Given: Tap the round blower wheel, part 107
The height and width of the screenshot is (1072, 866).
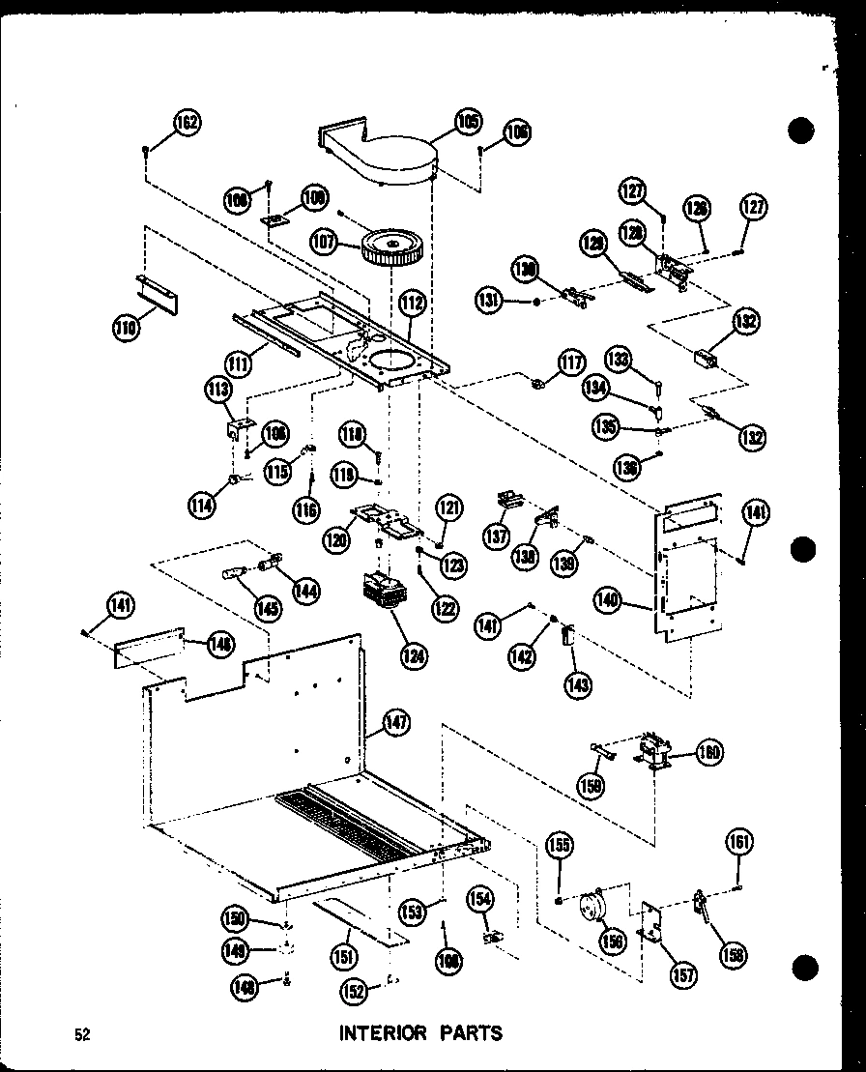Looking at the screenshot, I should coord(394,249).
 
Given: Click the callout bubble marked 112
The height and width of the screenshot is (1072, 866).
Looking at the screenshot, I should coord(412,304).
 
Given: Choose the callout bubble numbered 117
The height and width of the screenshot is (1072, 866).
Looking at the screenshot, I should coord(571,363).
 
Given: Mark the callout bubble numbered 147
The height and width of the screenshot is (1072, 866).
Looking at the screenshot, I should coord(396,720).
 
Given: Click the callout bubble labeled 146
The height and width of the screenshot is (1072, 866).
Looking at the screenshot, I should coord(220,641).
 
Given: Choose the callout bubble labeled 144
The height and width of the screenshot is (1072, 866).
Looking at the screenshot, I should coord(308,590).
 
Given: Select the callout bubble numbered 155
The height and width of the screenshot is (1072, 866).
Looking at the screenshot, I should coord(560,846).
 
